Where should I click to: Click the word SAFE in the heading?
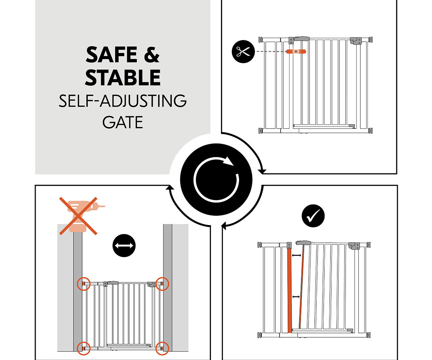click(112, 55)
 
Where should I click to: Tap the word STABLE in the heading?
click(123, 78)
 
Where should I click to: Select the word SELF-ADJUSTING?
click(123, 101)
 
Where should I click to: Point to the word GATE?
click(123, 122)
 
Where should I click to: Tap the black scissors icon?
click(243, 51)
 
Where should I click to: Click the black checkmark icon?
click(313, 216)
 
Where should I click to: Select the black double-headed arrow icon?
click(124, 246)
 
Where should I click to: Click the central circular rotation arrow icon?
click(216, 179)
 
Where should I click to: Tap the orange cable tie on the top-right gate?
click(296, 51)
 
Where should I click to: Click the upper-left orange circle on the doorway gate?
click(84, 284)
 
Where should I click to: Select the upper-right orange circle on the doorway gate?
click(162, 284)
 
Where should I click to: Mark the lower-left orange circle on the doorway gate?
click(84, 348)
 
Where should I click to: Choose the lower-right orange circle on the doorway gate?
click(162, 348)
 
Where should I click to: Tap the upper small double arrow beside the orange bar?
click(296, 256)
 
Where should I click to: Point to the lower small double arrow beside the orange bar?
click(296, 297)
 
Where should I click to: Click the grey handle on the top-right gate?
click(302, 39)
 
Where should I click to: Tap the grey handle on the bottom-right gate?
click(303, 243)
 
